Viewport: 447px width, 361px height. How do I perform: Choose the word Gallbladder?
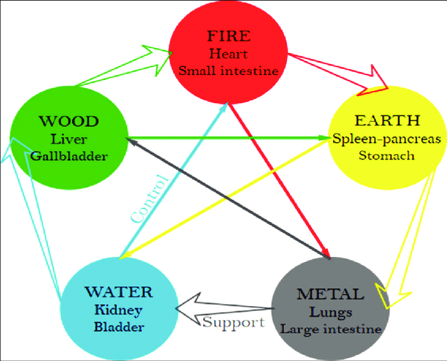pyautogui.click(x=68, y=156)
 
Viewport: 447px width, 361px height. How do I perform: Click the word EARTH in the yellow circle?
pyautogui.click(x=388, y=120)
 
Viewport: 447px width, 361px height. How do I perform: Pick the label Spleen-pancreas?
pyautogui.click(x=387, y=138)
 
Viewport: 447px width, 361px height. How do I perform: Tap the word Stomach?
pyautogui.click(x=387, y=156)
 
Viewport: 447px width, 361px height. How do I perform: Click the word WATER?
pyautogui.click(x=119, y=291)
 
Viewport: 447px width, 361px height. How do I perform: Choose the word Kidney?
pyautogui.click(x=119, y=309)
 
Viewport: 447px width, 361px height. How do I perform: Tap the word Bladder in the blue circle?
pyautogui.click(x=119, y=327)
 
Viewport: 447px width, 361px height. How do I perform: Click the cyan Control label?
pyautogui.click(x=149, y=198)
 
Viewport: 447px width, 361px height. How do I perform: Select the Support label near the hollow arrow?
pyautogui.click(x=233, y=322)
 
